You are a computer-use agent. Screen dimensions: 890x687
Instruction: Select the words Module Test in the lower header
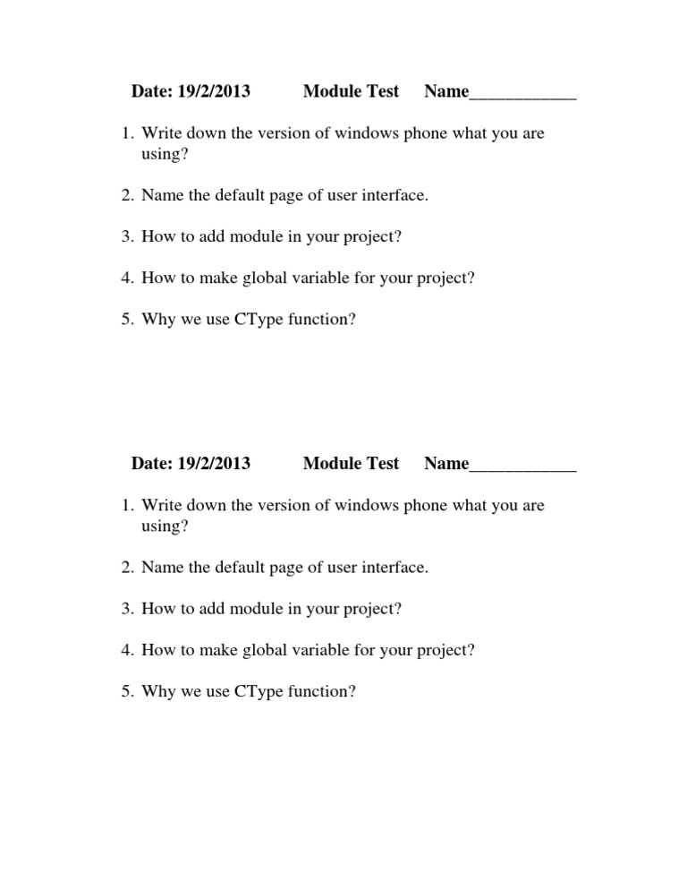tap(352, 463)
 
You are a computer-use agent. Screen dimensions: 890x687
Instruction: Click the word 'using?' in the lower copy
tap(165, 526)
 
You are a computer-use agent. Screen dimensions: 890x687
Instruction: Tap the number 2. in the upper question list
tap(128, 195)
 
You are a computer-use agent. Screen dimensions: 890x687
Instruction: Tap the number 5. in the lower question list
tap(128, 691)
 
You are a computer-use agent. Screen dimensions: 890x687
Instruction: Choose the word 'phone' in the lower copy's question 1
tap(423, 505)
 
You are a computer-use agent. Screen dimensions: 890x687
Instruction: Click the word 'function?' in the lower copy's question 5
tap(324, 691)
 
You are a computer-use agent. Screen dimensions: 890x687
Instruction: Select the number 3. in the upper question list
tap(128, 236)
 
